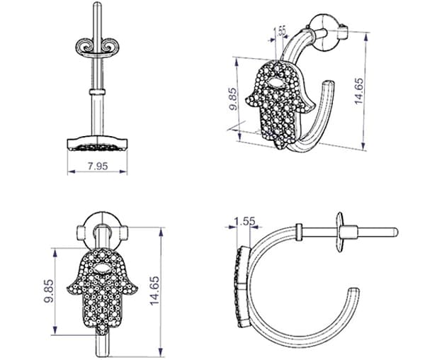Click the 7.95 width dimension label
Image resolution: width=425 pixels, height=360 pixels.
[98, 166]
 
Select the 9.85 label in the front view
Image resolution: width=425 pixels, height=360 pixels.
[50, 291]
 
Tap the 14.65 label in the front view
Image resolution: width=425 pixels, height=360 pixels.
[154, 291]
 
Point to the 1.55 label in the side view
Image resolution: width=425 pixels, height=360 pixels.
[244, 222]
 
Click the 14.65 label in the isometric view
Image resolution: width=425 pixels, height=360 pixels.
[359, 91]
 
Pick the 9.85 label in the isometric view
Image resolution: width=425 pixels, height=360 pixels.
[233, 99]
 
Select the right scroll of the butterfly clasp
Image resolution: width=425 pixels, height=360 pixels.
[111, 47]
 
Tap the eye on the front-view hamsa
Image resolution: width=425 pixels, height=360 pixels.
[101, 269]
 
